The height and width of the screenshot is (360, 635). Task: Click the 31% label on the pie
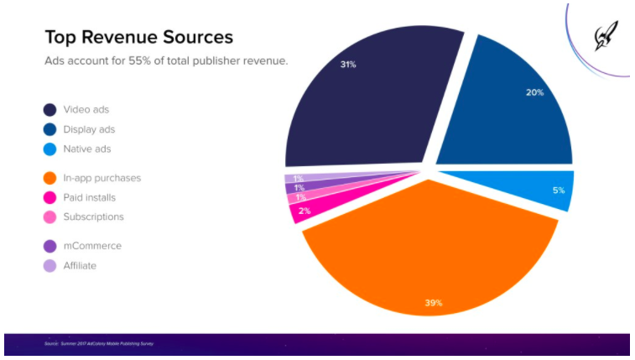[x=346, y=65]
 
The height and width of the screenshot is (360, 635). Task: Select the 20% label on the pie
[x=534, y=92]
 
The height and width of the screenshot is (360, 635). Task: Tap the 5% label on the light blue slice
[x=558, y=190]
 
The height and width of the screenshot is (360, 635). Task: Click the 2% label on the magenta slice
[x=304, y=211]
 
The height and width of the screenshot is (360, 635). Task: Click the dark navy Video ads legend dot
[x=50, y=110]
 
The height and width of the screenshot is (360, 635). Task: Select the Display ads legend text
[x=89, y=129]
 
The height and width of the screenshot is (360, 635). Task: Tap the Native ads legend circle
[x=50, y=149]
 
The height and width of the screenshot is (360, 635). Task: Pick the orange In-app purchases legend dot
[x=50, y=178]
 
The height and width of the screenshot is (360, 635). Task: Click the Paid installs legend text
[x=89, y=197]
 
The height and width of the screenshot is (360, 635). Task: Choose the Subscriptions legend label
[x=93, y=217]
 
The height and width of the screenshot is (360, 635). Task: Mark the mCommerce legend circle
[x=50, y=246]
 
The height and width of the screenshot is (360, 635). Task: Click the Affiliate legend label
[x=81, y=265]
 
